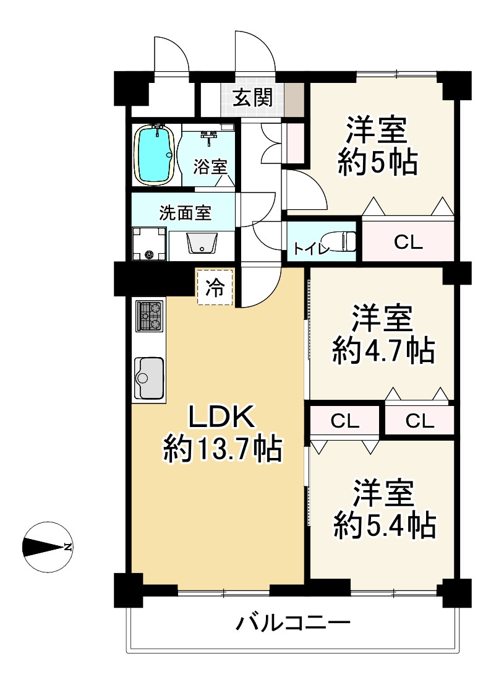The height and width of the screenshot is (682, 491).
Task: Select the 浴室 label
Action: [x=210, y=166]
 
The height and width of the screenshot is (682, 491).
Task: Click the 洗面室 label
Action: [x=185, y=213]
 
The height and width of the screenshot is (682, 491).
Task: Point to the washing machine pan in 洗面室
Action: [x=149, y=244]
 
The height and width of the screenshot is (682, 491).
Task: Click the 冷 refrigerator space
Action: [x=215, y=288]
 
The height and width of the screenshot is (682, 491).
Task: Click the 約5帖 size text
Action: [x=377, y=163]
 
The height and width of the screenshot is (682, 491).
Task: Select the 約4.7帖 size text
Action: [x=382, y=352]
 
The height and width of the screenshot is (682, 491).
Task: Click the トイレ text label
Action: [x=305, y=249]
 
